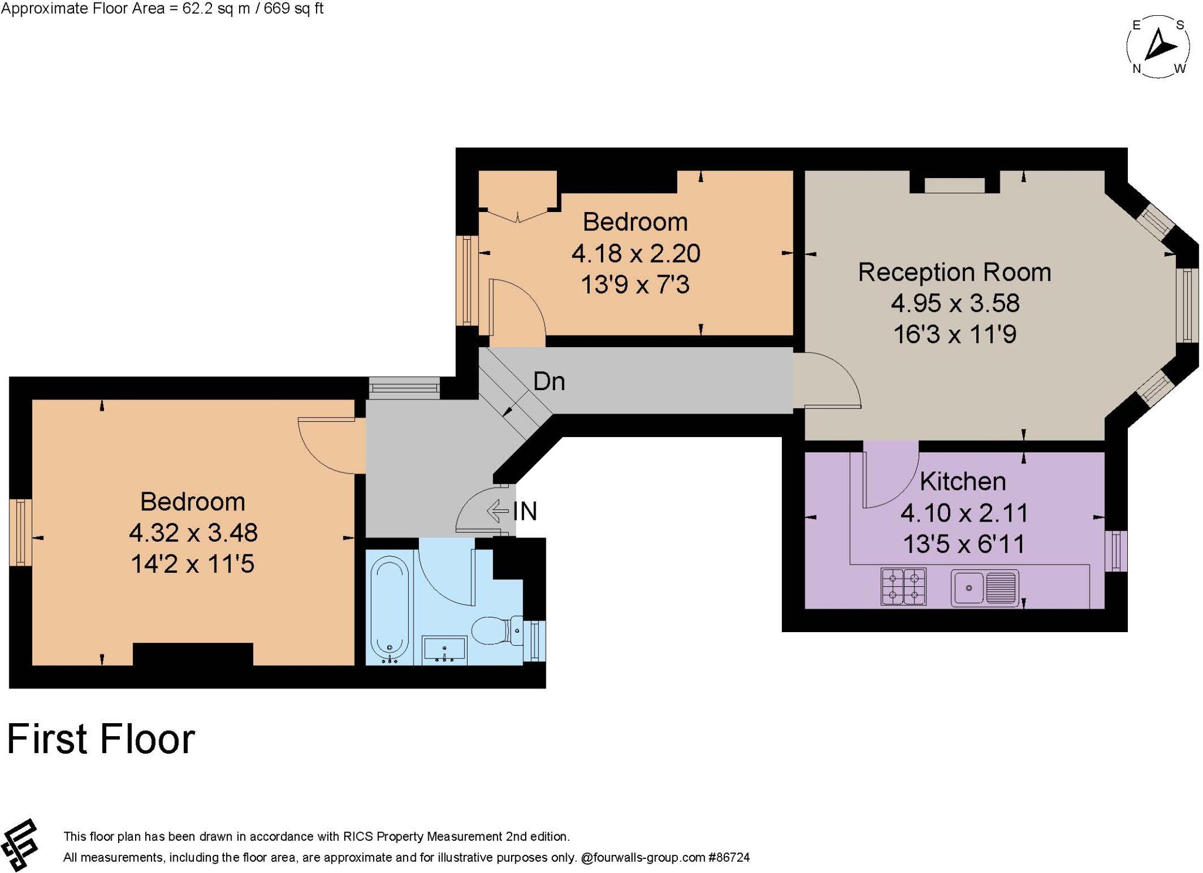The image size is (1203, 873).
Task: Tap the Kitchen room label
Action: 963,482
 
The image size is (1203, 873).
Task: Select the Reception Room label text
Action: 955,273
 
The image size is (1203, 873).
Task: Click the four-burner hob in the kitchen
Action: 903,586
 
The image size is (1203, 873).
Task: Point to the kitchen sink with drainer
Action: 984,587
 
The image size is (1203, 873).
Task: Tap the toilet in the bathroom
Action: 497,630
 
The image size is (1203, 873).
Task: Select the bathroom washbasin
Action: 444,650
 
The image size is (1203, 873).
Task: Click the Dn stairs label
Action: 549,382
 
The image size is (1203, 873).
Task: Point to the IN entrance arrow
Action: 498,511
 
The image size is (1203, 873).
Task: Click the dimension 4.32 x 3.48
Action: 193,533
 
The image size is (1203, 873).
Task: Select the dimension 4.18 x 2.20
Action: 636,254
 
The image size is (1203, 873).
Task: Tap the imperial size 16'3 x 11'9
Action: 955,334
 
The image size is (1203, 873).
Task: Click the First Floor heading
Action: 101,739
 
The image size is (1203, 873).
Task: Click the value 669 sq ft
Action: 293,9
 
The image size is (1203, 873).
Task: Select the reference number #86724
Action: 729,858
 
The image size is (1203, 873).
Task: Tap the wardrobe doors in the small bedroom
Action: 518,216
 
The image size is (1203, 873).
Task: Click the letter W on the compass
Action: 1180,69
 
